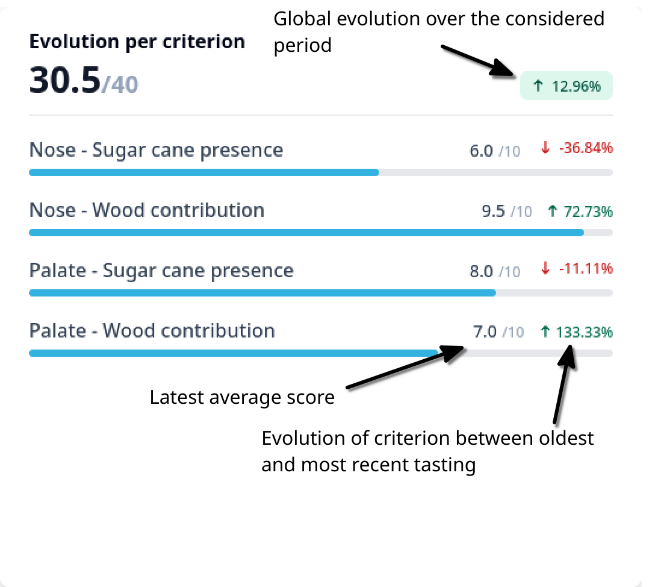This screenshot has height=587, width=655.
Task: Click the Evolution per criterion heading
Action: (x=137, y=42)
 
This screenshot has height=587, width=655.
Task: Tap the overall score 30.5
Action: (x=65, y=80)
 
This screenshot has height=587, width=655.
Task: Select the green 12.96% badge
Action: (x=566, y=86)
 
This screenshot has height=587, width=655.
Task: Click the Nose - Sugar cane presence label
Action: (x=157, y=150)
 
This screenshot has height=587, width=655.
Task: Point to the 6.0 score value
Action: (x=481, y=151)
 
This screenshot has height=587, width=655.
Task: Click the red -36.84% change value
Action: (x=586, y=148)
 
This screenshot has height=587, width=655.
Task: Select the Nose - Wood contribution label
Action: (x=147, y=210)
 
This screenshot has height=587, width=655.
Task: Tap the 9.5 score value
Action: (x=493, y=212)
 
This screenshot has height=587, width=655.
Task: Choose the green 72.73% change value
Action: (x=588, y=212)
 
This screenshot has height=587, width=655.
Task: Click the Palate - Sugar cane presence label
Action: (x=161, y=271)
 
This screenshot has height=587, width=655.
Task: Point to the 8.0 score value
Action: (x=481, y=272)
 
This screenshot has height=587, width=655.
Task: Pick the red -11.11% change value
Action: (x=586, y=268)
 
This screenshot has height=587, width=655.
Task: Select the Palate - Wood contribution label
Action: (x=152, y=331)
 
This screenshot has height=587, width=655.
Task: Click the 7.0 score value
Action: (x=485, y=332)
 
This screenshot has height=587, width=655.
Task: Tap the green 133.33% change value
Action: (x=585, y=333)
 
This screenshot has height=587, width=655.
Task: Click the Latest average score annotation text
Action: (x=242, y=398)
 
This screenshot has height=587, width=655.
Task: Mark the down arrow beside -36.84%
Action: (x=545, y=148)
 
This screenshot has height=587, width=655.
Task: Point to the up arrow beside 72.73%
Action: (x=553, y=211)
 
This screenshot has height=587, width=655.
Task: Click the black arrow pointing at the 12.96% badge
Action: (x=477, y=61)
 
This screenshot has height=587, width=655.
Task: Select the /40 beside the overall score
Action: (x=120, y=84)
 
